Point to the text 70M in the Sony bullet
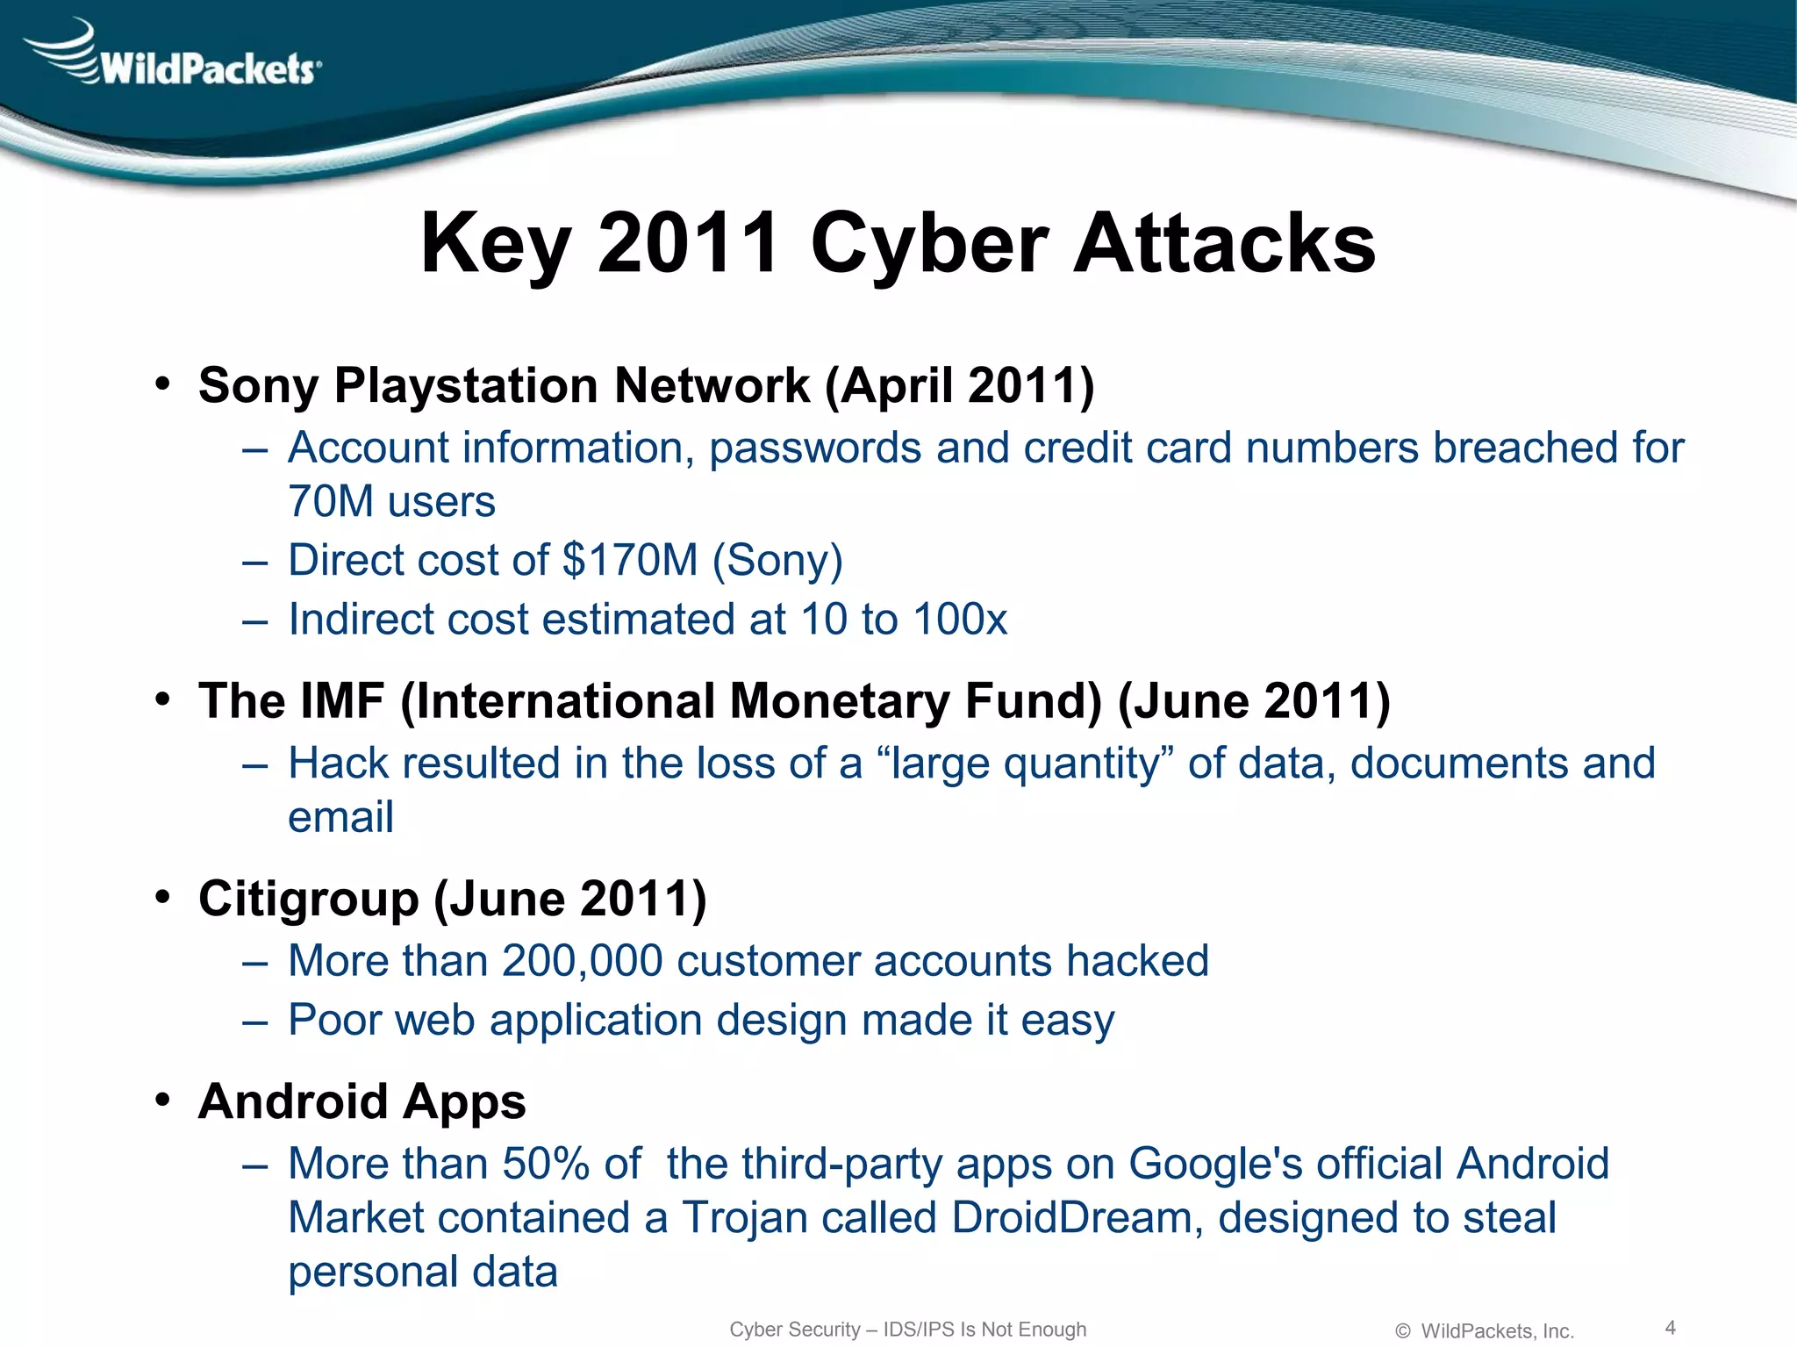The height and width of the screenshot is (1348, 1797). coord(331,502)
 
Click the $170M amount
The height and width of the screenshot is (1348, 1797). coord(629,560)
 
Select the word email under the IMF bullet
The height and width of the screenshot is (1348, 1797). coord(340,818)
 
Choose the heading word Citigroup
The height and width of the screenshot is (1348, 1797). coord(309,899)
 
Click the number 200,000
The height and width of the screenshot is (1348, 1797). coord(582,961)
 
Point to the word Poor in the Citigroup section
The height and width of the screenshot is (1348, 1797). coord(334,1021)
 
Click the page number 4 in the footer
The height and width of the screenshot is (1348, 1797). coord(1670,1328)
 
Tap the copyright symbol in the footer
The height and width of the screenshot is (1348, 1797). coord(1402,1331)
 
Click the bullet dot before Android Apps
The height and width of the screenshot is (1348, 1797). coord(162,1101)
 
